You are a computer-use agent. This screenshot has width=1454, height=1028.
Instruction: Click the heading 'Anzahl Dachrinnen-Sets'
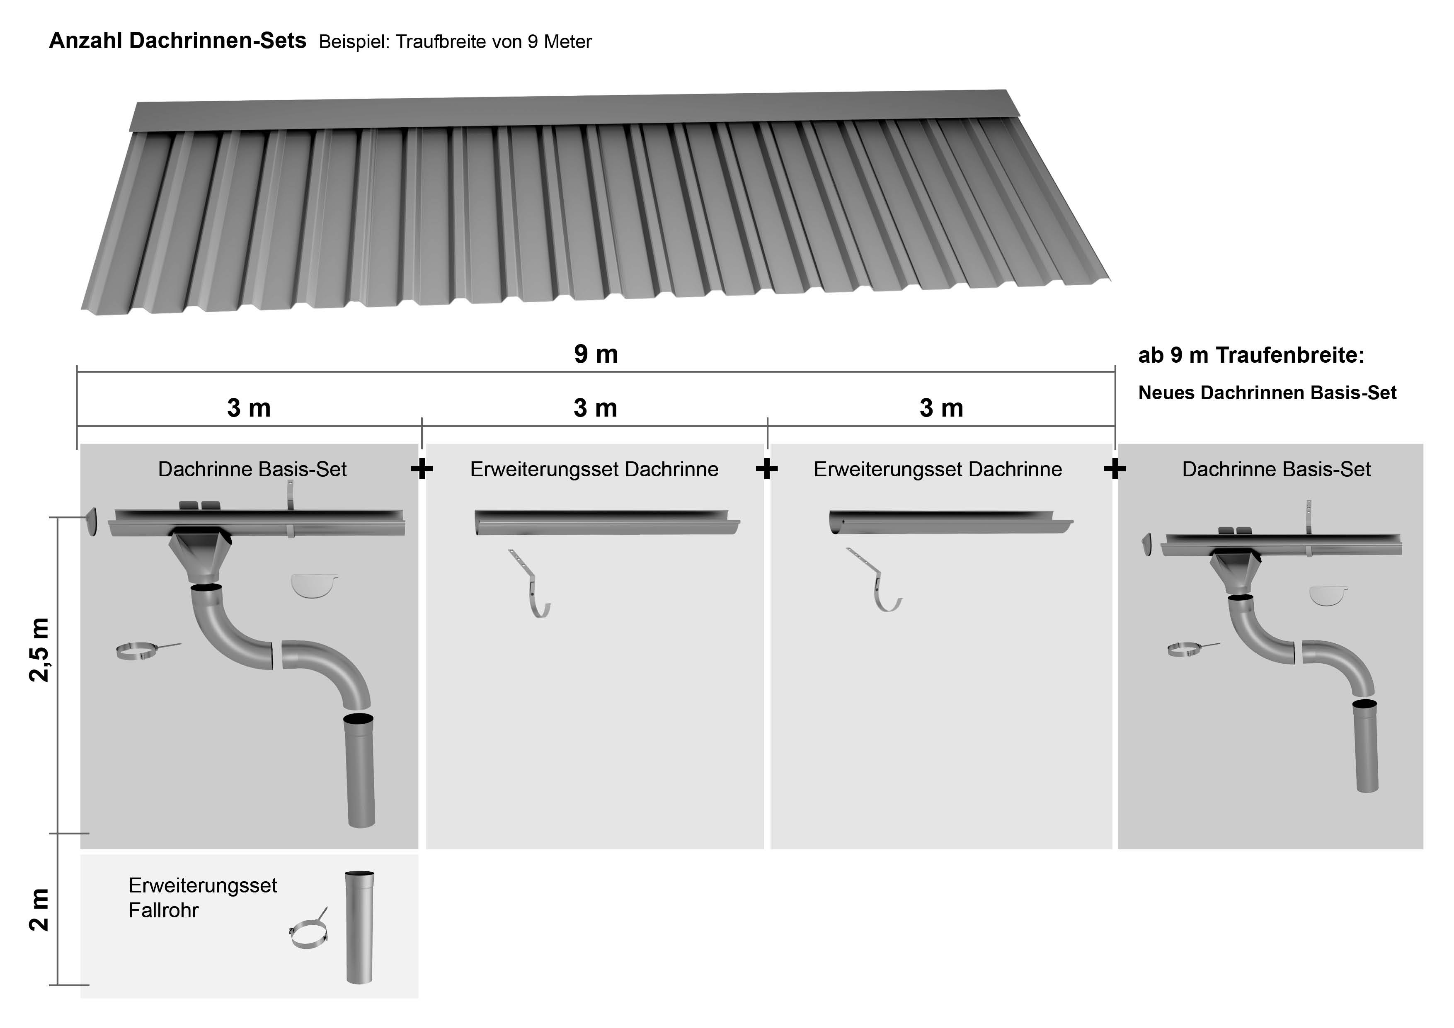(177, 41)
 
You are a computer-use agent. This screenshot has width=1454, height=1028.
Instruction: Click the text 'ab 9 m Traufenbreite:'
(1251, 355)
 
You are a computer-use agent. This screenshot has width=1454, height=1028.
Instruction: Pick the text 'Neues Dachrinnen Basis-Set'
(1267, 393)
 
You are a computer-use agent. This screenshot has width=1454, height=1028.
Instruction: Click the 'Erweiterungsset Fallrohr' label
(203, 897)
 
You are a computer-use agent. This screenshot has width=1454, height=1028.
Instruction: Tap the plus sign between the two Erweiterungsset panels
(766, 469)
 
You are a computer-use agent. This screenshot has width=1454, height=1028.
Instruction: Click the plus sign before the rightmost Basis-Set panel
(1115, 469)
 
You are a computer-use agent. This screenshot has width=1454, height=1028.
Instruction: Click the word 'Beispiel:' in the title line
(355, 42)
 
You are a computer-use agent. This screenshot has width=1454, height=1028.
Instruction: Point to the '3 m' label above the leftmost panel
(249, 409)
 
